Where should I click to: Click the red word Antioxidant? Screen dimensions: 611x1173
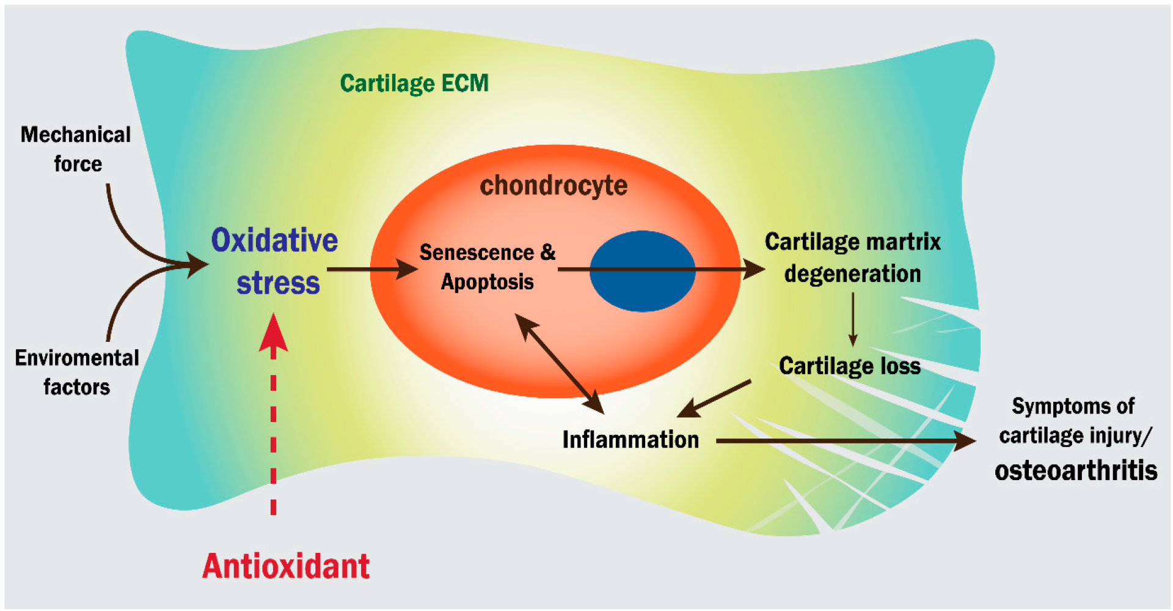pos(286,566)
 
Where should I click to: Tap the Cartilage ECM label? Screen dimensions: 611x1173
pos(414,83)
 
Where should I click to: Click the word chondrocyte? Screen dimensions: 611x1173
pos(554,185)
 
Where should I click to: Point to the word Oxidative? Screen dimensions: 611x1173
pos(274,240)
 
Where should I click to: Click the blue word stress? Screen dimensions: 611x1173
pos(278,283)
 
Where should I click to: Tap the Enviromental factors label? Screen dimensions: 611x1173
pos(77,372)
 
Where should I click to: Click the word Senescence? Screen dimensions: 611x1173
pos(477,252)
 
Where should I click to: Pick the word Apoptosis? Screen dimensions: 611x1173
pos(487,282)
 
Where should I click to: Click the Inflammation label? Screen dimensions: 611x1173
pos(630,440)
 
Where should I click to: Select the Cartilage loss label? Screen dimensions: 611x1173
pos(849,366)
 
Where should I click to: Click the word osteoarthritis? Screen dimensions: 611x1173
pos(1076,470)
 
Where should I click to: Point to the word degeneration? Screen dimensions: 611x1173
pos(853,273)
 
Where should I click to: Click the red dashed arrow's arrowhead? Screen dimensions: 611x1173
pos(273,333)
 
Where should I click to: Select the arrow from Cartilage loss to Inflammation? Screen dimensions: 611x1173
pos(715,399)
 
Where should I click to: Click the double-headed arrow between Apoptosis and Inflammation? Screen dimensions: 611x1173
pos(559,363)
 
